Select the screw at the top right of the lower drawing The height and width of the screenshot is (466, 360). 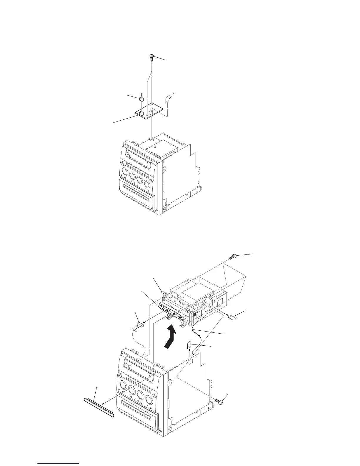click(231, 257)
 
